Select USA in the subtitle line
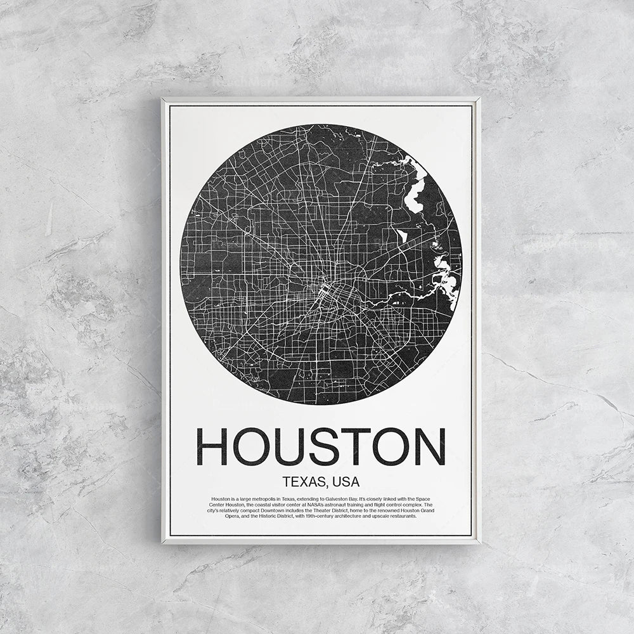pos(344,482)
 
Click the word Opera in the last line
pos(232,516)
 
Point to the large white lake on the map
pos(416,193)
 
